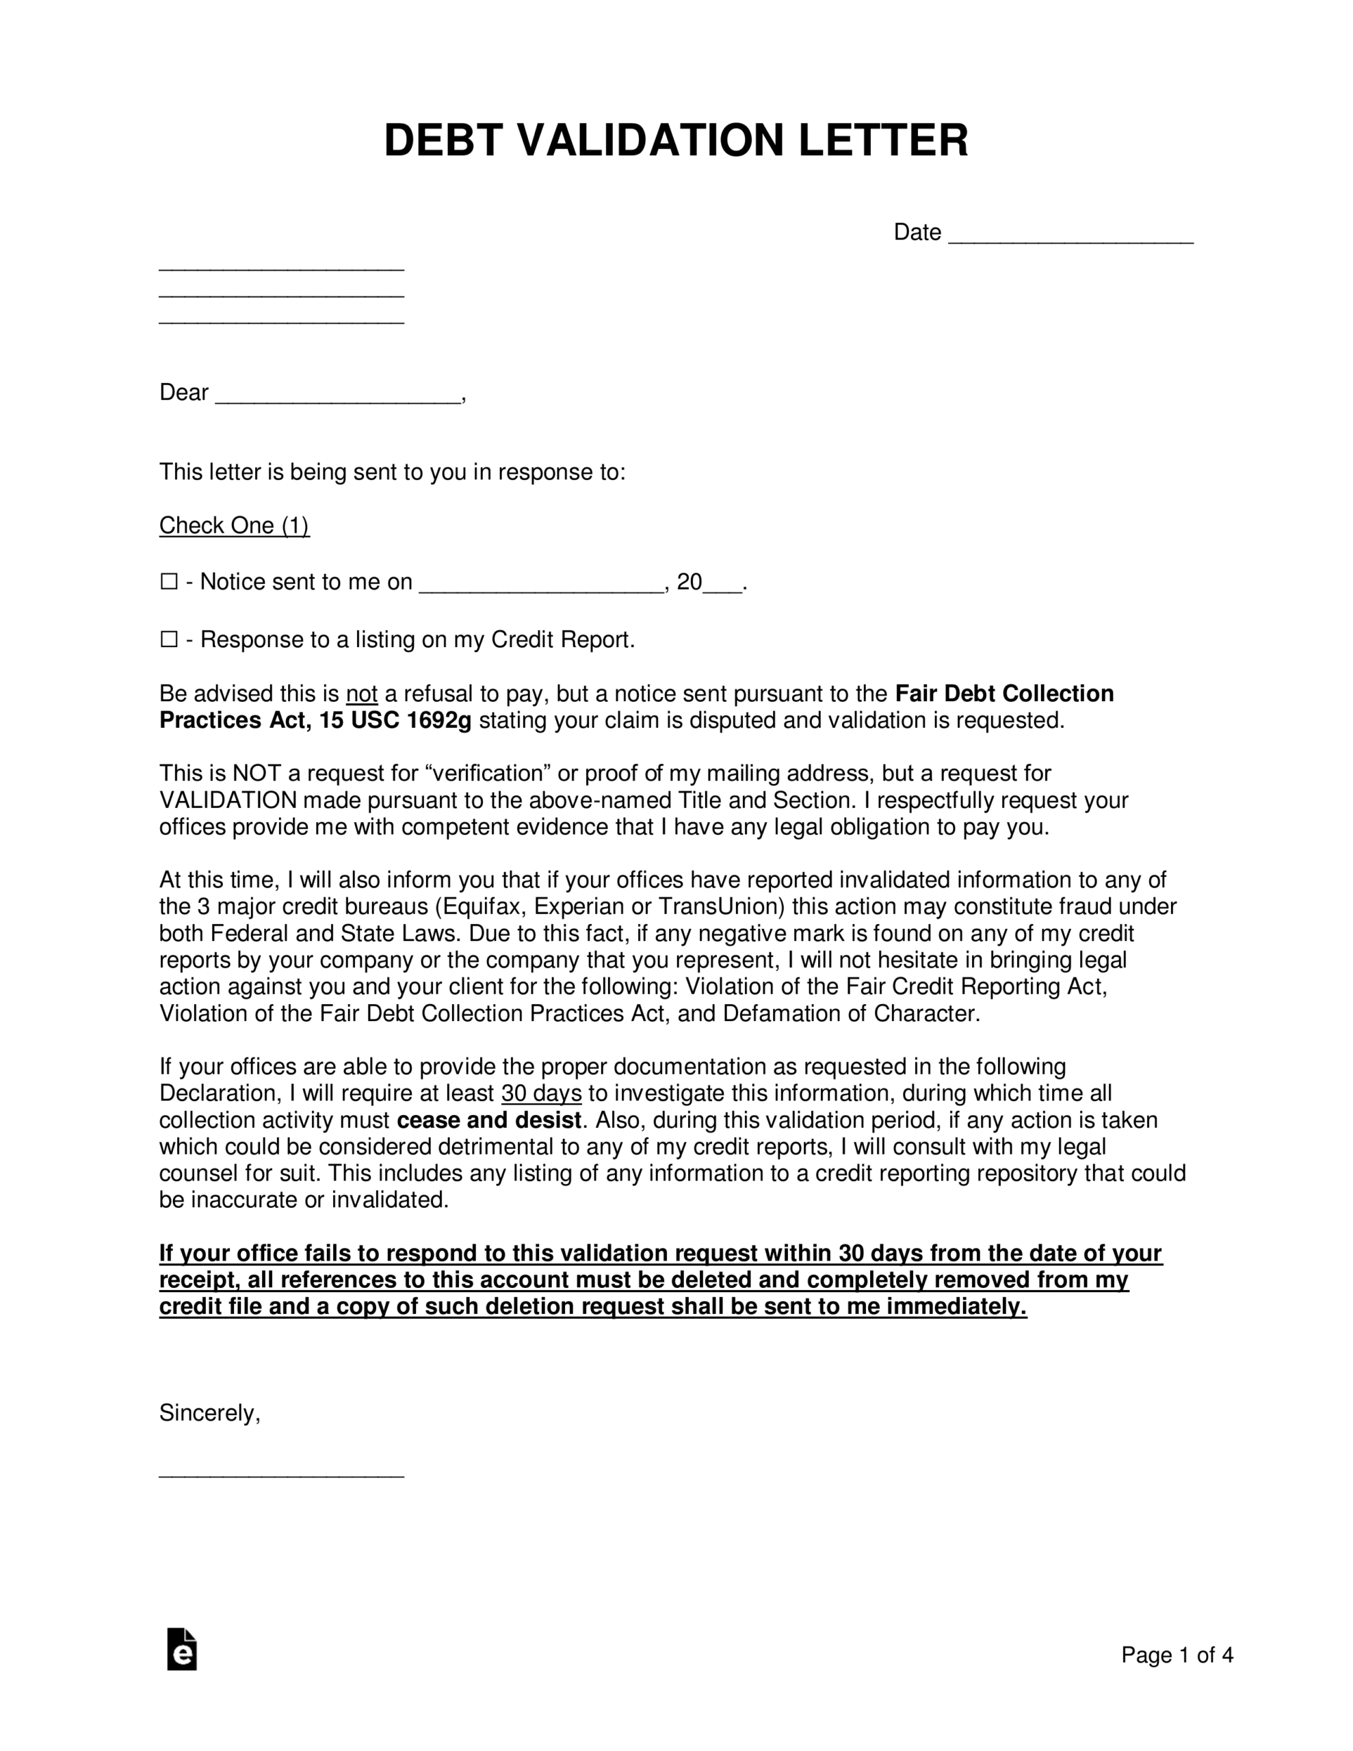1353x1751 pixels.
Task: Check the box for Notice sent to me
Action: coord(169,581)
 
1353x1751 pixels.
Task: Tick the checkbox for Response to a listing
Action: coord(169,639)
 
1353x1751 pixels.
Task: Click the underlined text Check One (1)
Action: coord(234,526)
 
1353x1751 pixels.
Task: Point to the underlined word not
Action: coord(362,694)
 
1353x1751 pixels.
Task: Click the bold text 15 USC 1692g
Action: coord(395,721)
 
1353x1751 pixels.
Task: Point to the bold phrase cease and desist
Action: coord(489,1120)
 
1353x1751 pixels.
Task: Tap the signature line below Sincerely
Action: coord(282,1473)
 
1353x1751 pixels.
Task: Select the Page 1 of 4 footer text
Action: coord(1177,1655)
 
